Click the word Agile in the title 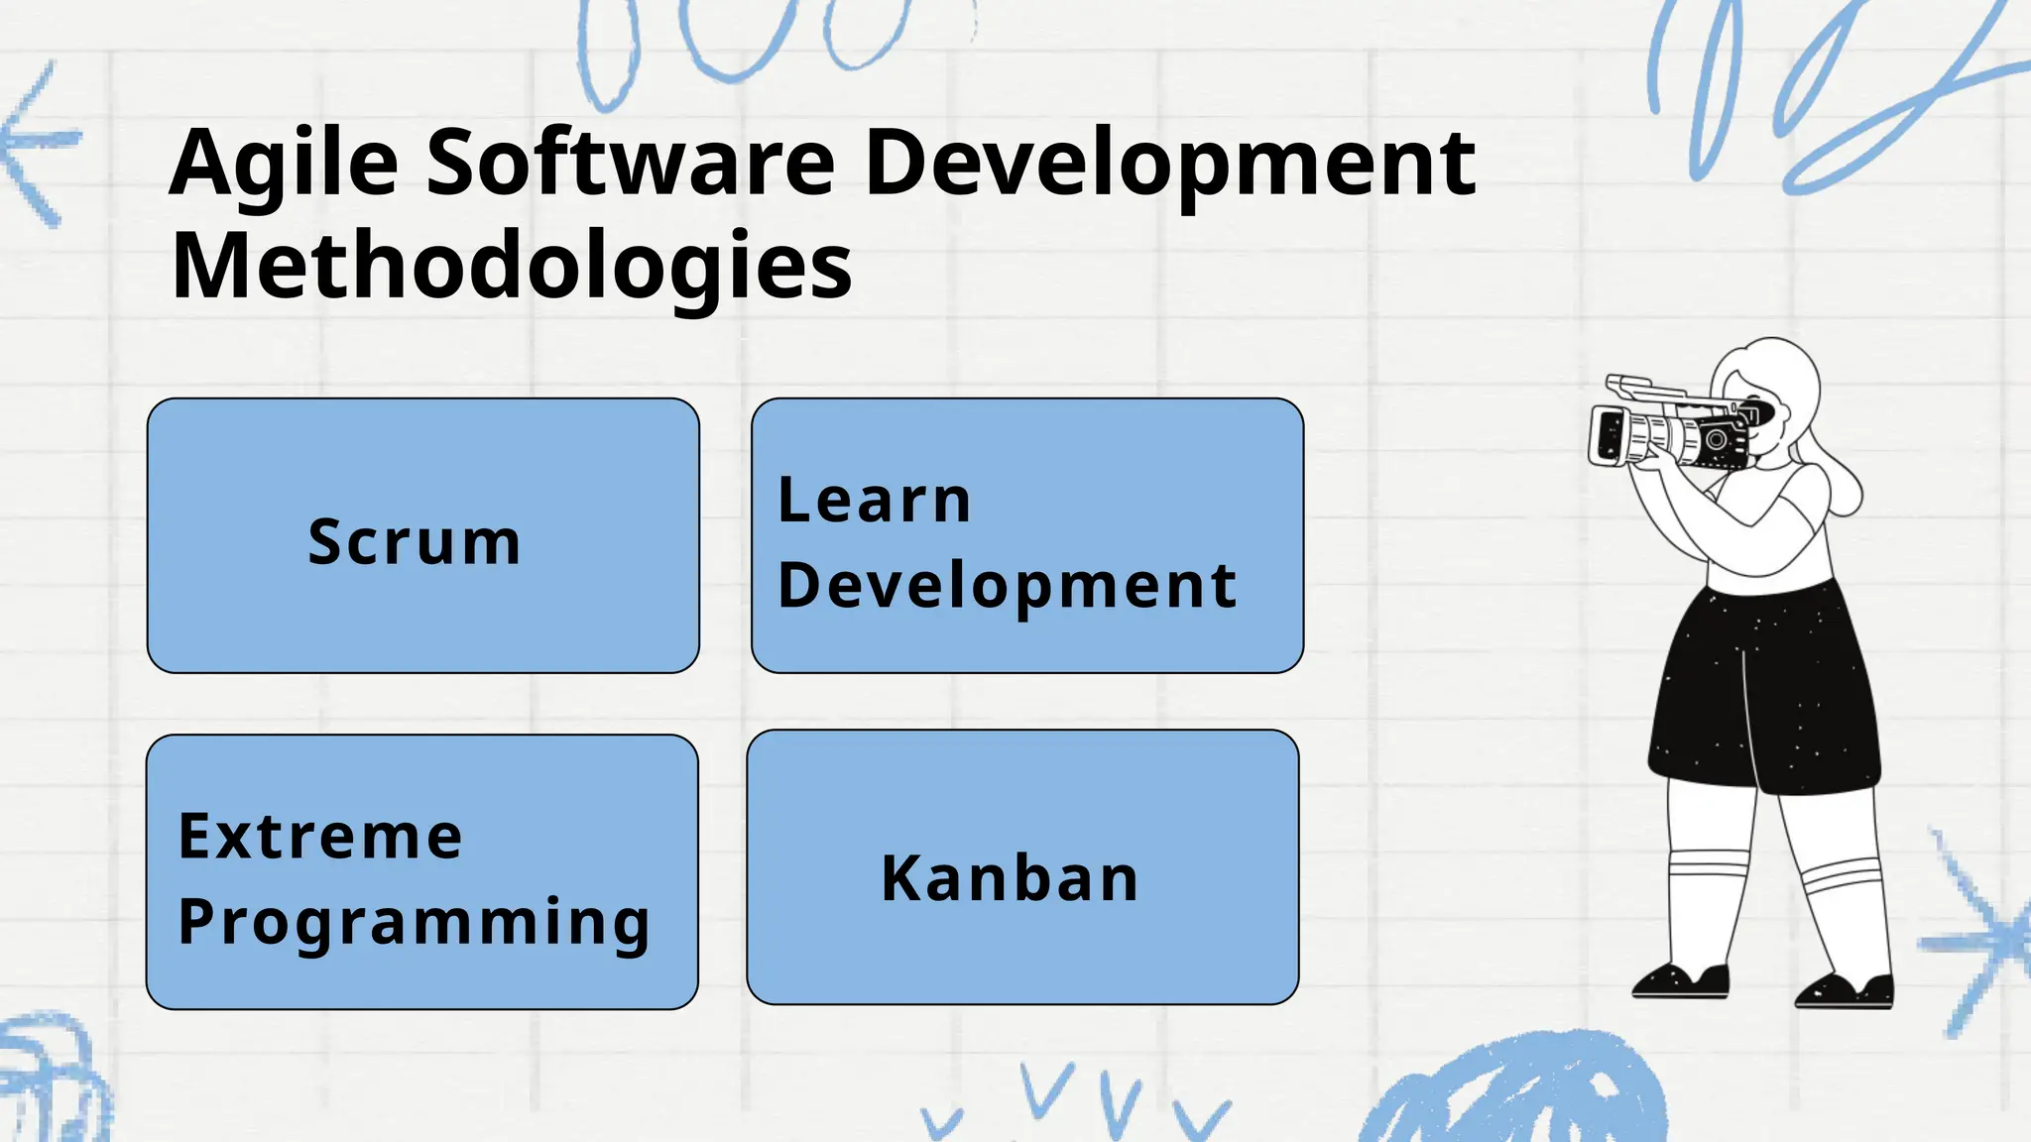(x=284, y=164)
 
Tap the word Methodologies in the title (x=511, y=266)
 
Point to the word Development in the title (x=1170, y=164)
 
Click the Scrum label (x=415, y=542)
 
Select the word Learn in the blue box (x=874, y=500)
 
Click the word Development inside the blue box (x=1007, y=585)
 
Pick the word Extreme (x=320, y=836)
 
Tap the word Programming (x=414, y=922)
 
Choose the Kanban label (x=1011, y=878)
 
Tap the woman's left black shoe (x=1681, y=981)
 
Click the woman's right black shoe (x=1846, y=989)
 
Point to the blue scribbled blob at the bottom (x=1517, y=1090)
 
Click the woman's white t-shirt (x=1775, y=535)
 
